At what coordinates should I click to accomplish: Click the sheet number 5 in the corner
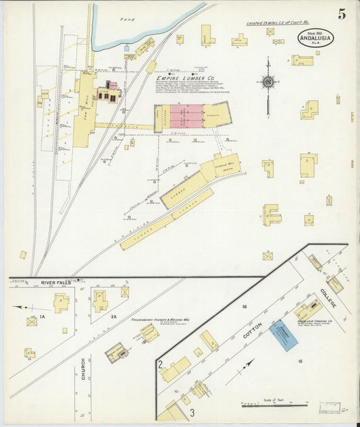coord(342,13)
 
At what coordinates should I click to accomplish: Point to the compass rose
coord(268,82)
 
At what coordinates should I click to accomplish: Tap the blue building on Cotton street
coord(284,335)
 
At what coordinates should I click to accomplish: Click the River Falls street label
coord(56,282)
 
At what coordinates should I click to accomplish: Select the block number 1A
coord(41,316)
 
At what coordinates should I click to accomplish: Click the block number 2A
coord(114,316)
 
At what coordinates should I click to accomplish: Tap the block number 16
coord(245,307)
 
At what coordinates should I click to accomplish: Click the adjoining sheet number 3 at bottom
coord(192,411)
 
